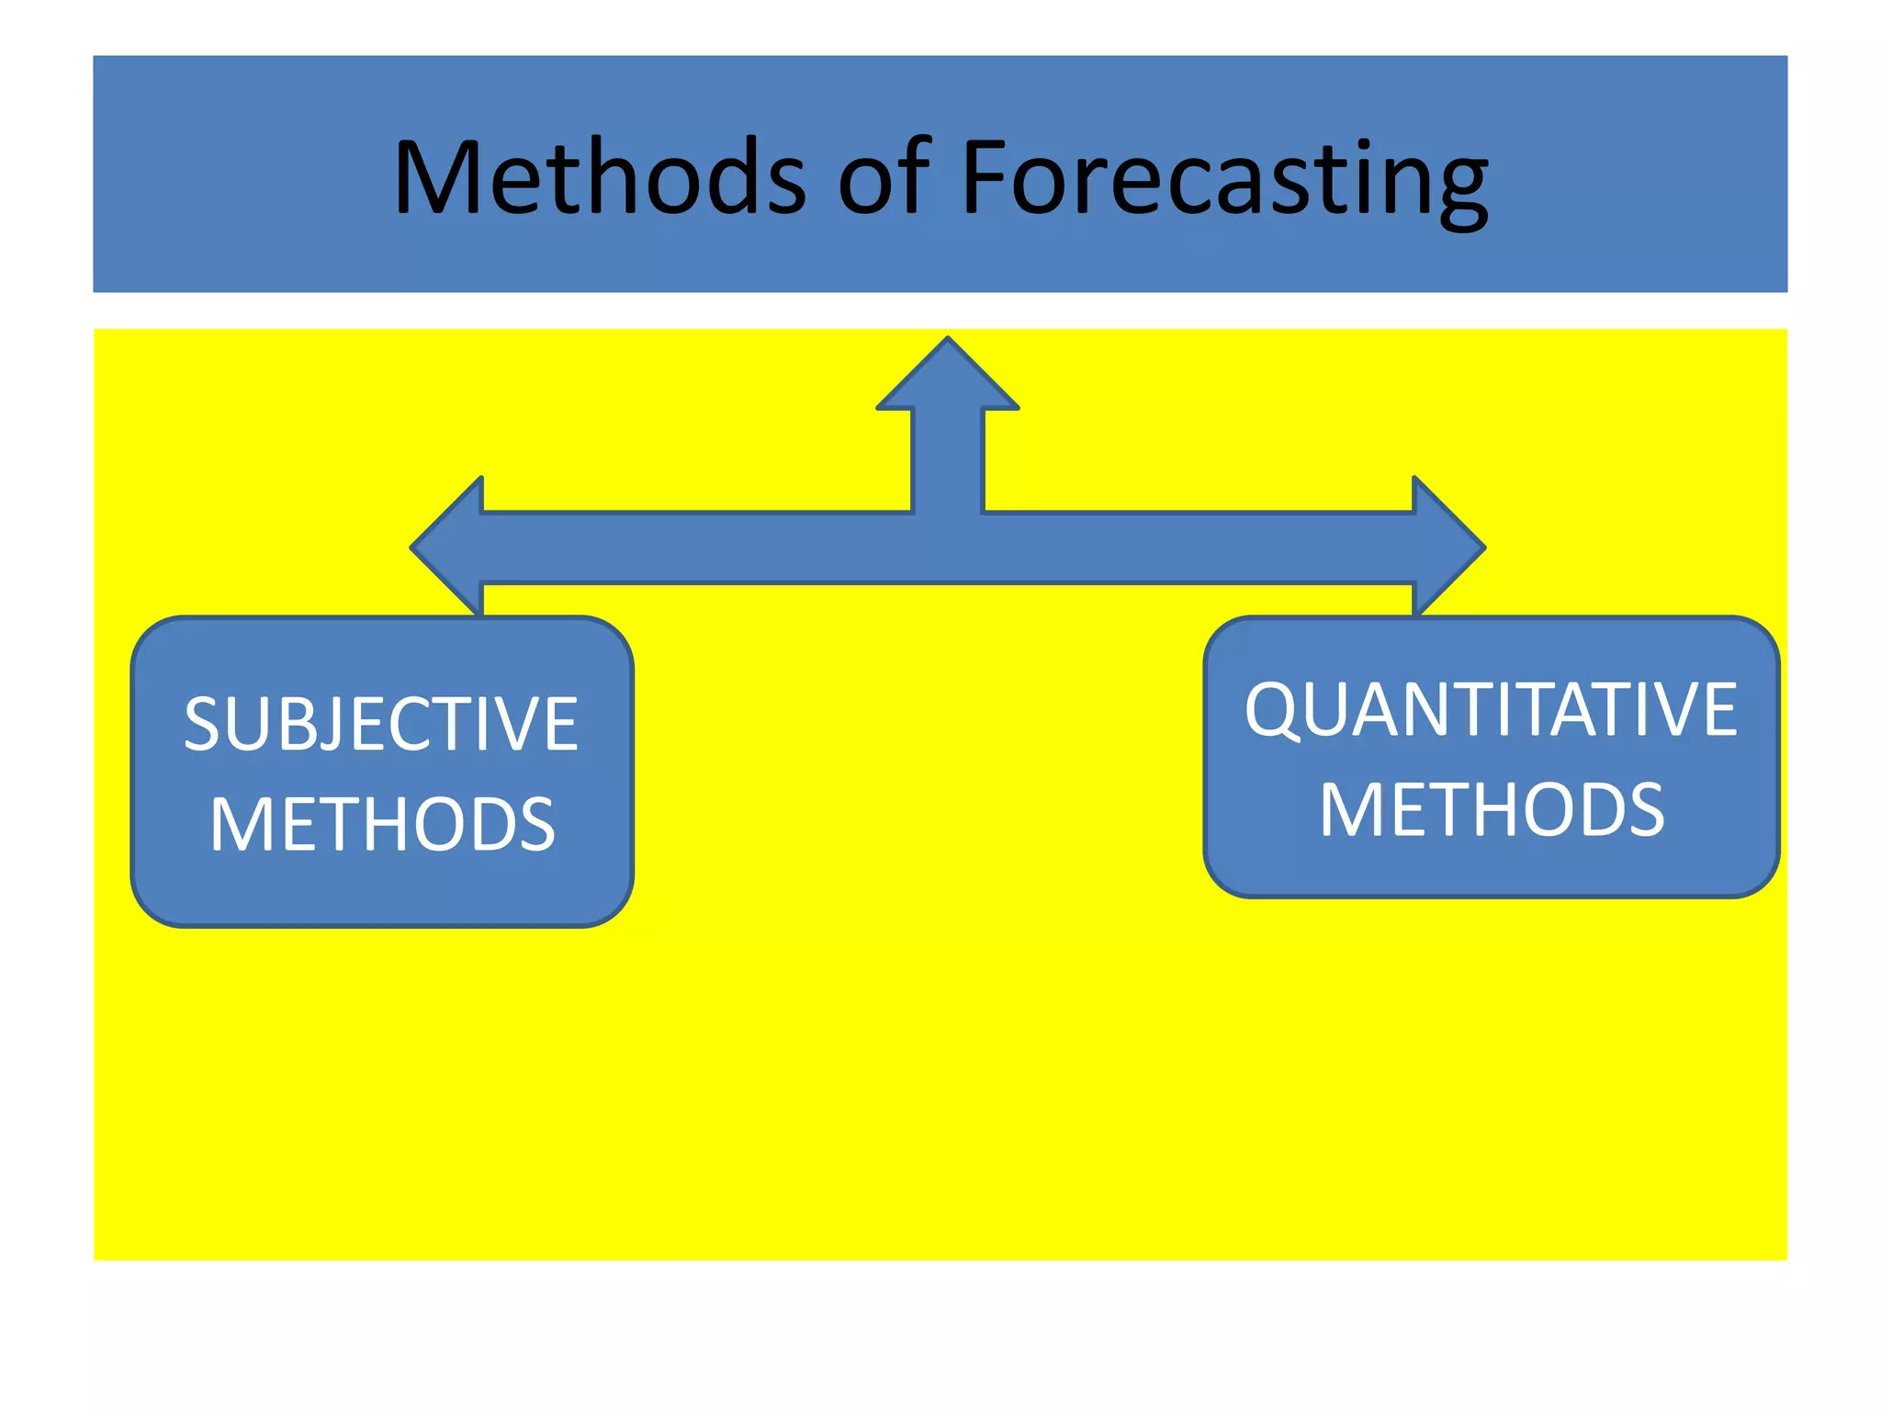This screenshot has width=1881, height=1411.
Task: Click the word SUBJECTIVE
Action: tap(381, 724)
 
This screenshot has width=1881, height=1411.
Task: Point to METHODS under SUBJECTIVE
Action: tap(382, 824)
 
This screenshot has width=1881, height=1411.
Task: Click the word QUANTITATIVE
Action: tap(1490, 709)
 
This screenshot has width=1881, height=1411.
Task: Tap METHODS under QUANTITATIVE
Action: tap(1492, 809)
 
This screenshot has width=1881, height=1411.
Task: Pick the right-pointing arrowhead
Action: tap(1448, 547)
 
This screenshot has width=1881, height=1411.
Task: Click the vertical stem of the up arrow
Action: tap(948, 459)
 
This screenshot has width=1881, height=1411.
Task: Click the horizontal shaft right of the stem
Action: tap(1194, 547)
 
